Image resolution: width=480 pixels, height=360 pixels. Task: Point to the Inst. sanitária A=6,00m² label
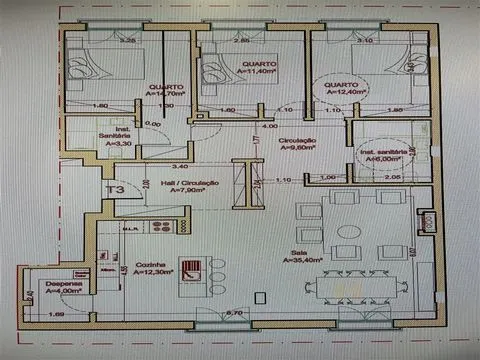[x=385, y=155]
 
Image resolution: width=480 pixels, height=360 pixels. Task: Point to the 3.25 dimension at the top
[x=128, y=41]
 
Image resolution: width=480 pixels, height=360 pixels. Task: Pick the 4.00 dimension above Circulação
[x=270, y=127]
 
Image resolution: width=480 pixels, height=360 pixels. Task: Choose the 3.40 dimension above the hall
[x=180, y=166]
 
